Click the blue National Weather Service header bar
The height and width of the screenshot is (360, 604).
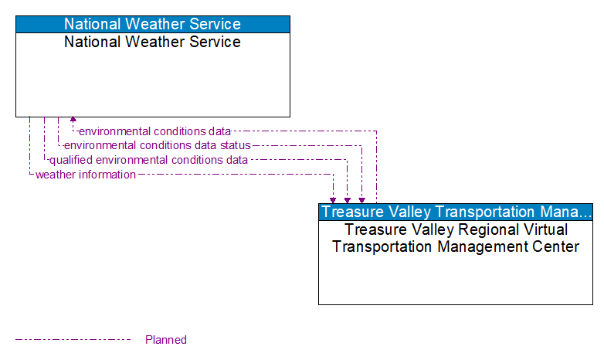pyautogui.click(x=153, y=24)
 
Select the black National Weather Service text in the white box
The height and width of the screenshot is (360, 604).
pyautogui.click(x=153, y=42)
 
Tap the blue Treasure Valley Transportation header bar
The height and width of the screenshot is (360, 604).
pyautogui.click(x=456, y=212)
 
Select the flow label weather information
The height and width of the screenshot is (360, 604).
pyautogui.click(x=86, y=175)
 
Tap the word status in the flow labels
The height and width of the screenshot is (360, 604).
pyautogui.click(x=235, y=145)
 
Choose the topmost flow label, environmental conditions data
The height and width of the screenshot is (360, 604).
pyautogui.click(x=154, y=131)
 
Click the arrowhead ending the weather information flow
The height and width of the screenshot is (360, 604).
pyautogui.click(x=333, y=199)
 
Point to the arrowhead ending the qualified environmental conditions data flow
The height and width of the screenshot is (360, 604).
pyautogui.click(x=348, y=199)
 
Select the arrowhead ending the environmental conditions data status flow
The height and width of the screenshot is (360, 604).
pyautogui.click(x=361, y=199)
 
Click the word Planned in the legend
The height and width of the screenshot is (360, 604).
pyautogui.click(x=166, y=340)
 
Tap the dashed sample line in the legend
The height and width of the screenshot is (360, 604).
pyautogui.click(x=73, y=340)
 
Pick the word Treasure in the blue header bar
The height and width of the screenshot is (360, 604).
pyautogui.click(x=351, y=212)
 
